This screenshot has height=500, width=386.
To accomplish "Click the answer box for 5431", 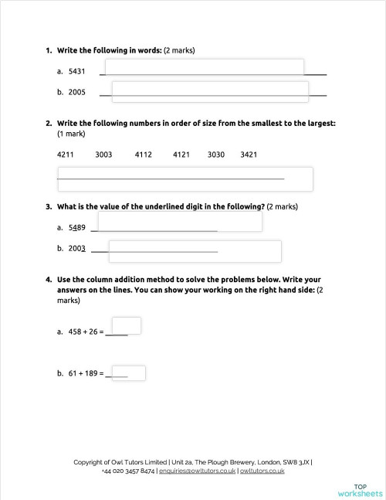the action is (x=205, y=68).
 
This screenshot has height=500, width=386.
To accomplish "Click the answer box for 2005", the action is (x=210, y=91).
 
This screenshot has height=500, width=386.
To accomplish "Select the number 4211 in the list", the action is (x=66, y=155).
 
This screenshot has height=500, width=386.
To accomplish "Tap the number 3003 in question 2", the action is (x=103, y=155).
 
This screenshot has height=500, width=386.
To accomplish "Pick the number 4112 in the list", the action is (x=144, y=155).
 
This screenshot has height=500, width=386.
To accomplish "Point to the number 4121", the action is (x=181, y=155).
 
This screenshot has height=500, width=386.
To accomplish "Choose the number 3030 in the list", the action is (x=216, y=155).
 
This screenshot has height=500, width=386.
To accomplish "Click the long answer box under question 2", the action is (x=185, y=179).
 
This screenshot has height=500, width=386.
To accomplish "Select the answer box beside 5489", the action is (x=179, y=222).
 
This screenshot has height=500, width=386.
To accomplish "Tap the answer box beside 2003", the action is (x=194, y=250).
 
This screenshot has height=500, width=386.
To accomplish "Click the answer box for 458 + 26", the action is (x=126, y=325).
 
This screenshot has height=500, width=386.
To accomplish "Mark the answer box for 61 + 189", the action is (x=129, y=372).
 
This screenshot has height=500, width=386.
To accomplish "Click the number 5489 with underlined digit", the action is (x=76, y=228).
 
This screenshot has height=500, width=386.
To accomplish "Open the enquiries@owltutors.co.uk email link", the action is (x=197, y=470).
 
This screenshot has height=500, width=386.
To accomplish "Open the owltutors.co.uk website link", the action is (x=262, y=470).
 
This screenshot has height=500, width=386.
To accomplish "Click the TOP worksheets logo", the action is (x=360, y=488).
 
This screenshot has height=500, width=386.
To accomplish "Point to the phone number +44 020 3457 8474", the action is (x=128, y=470).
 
